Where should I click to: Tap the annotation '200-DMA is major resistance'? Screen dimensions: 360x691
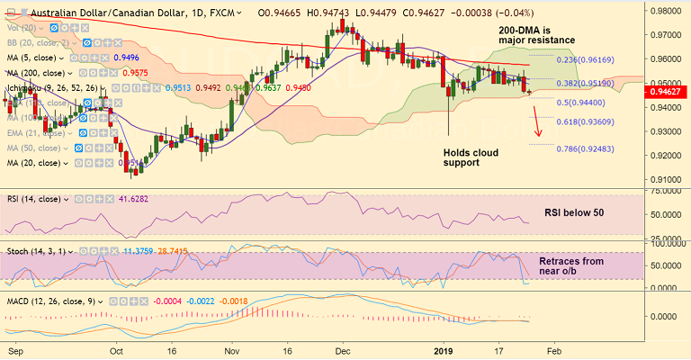click(537, 35)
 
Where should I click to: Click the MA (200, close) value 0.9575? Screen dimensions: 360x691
click(135, 73)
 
